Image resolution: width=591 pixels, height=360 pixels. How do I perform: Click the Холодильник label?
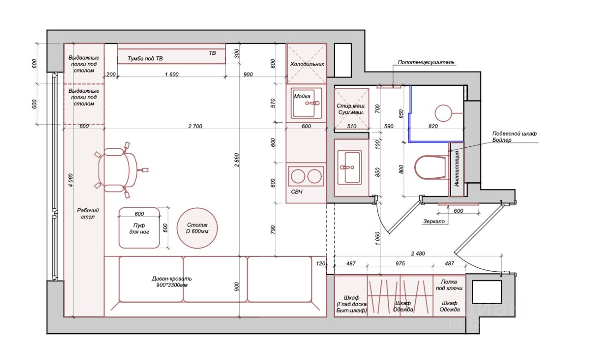(x=307, y=64)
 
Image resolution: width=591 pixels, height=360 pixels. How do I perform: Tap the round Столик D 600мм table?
(x=197, y=228)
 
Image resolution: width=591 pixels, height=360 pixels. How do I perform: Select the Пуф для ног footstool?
(x=139, y=228)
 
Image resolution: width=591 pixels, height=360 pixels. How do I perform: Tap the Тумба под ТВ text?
(x=145, y=59)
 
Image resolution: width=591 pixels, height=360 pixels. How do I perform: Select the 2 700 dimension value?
(x=195, y=126)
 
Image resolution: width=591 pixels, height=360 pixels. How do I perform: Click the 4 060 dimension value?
(x=71, y=180)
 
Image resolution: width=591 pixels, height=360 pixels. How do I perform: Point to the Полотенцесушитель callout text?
(x=426, y=62)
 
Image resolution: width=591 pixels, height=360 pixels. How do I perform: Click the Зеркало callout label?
(x=434, y=221)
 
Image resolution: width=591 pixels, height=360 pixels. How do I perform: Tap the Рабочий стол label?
(x=88, y=214)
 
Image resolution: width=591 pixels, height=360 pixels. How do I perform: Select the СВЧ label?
(x=297, y=192)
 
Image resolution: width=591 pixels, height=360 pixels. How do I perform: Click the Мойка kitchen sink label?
(x=302, y=96)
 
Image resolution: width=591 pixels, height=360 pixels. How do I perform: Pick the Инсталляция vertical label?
(x=457, y=169)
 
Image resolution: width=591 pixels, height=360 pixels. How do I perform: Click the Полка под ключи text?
(x=449, y=285)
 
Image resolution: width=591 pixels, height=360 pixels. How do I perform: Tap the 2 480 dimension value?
(x=418, y=253)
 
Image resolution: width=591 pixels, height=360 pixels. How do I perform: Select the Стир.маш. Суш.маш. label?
(x=351, y=109)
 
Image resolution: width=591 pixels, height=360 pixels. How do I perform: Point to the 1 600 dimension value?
(x=172, y=75)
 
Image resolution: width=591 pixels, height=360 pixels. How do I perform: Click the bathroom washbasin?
(x=350, y=167)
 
